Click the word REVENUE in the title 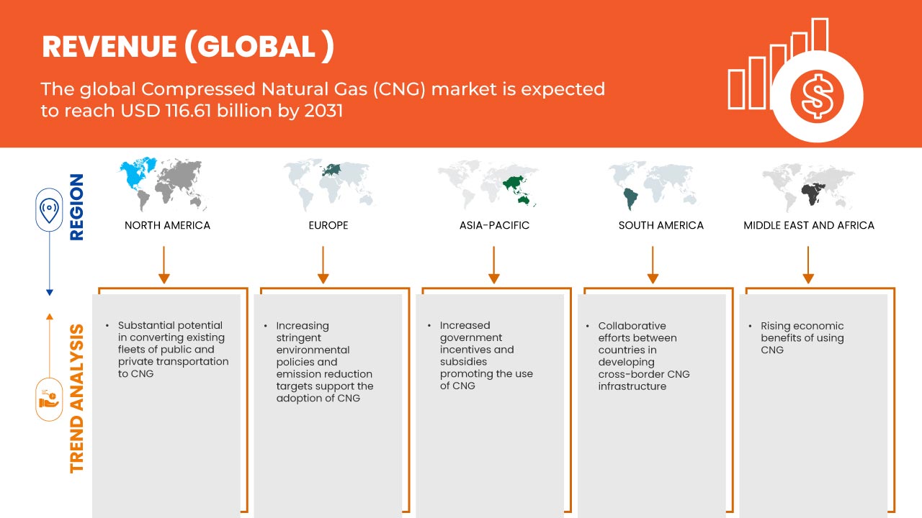click(x=109, y=47)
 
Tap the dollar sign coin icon click(x=817, y=97)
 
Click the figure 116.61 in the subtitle click(x=189, y=111)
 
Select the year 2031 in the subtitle click(x=323, y=111)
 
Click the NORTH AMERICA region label click(x=167, y=225)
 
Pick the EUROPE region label click(x=328, y=225)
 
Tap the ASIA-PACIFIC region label click(x=494, y=225)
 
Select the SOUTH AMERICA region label click(x=661, y=225)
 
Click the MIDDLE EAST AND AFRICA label click(x=809, y=225)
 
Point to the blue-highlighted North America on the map click(x=136, y=175)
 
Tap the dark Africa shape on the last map click(x=812, y=194)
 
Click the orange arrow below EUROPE click(x=323, y=265)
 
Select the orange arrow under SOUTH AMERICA click(x=653, y=265)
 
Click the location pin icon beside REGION click(x=50, y=209)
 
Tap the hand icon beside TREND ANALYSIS click(x=50, y=399)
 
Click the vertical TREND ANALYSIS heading click(x=77, y=399)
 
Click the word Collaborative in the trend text click(x=632, y=326)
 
